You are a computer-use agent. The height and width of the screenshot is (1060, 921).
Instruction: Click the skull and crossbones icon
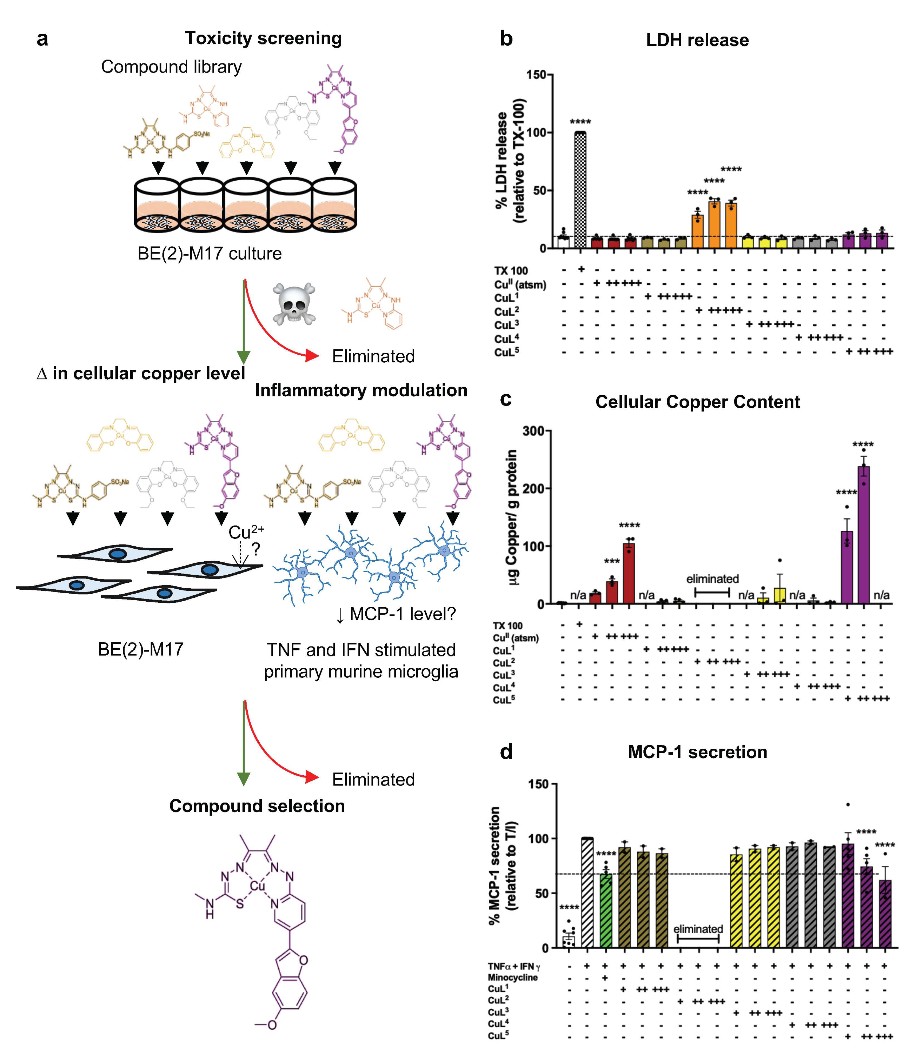click(294, 303)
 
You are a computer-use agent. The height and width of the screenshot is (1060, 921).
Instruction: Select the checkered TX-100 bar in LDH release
click(580, 190)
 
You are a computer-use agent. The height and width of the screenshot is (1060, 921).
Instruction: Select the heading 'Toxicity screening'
click(263, 38)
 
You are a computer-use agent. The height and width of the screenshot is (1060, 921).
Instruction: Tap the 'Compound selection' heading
click(257, 806)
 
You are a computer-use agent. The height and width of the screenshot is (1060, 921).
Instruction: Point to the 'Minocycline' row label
click(512, 977)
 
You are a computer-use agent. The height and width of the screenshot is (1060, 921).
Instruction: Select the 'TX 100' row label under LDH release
click(511, 271)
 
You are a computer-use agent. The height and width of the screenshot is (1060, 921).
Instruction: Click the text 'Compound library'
click(171, 67)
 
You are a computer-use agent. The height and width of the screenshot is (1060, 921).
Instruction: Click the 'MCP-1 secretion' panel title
click(697, 752)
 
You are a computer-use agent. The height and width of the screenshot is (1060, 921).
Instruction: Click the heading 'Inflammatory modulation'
click(361, 391)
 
